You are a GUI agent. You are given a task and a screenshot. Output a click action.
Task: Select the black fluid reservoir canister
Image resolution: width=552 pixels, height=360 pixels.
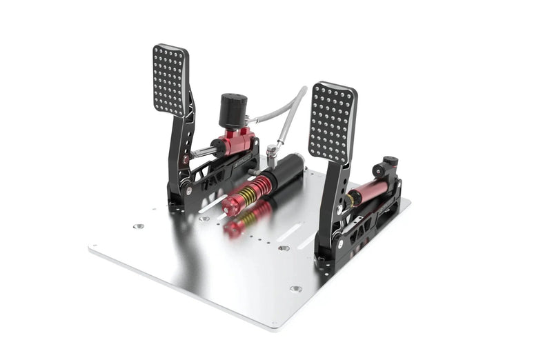tap(233, 110)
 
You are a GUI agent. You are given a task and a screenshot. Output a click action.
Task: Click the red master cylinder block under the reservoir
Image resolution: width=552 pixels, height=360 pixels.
tap(235, 142)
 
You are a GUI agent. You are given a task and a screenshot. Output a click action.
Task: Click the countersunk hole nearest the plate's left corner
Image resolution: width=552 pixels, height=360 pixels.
tap(138, 226)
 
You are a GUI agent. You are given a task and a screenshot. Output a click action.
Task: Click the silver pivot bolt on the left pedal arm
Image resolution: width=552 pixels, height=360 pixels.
tap(185, 160)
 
